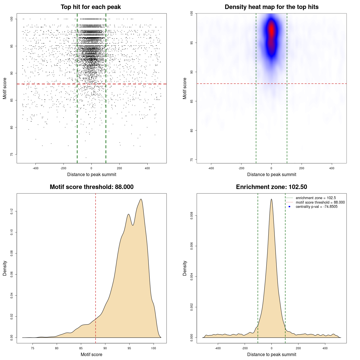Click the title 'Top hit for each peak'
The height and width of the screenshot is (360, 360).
click(91, 7)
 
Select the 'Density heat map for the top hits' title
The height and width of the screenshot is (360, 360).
click(271, 7)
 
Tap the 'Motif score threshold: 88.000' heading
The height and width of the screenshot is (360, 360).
click(91, 187)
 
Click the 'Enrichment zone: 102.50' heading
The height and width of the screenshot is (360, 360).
click(271, 187)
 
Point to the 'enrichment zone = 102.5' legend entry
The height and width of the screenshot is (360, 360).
click(316, 198)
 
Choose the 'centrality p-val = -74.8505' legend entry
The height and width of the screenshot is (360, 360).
click(316, 207)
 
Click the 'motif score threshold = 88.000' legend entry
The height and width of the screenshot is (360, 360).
click(320, 202)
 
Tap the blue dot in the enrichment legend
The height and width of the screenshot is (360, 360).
click(289, 207)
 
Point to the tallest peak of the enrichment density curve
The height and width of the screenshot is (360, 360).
click(271, 199)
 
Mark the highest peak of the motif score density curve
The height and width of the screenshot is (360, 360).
click(141, 199)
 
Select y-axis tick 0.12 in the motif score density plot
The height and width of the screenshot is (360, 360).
click(12, 211)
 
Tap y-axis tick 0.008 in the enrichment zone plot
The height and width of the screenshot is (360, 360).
click(192, 216)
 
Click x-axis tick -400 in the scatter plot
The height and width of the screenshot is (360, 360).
click(35, 168)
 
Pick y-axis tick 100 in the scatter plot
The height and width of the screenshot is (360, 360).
click(12, 19)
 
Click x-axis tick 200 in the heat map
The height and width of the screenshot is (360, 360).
click(302, 168)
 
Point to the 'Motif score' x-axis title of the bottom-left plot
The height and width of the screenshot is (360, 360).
click(91, 354)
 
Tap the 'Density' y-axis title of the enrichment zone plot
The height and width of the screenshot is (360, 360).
click(185, 268)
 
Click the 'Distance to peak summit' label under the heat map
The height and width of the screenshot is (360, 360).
click(271, 174)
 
